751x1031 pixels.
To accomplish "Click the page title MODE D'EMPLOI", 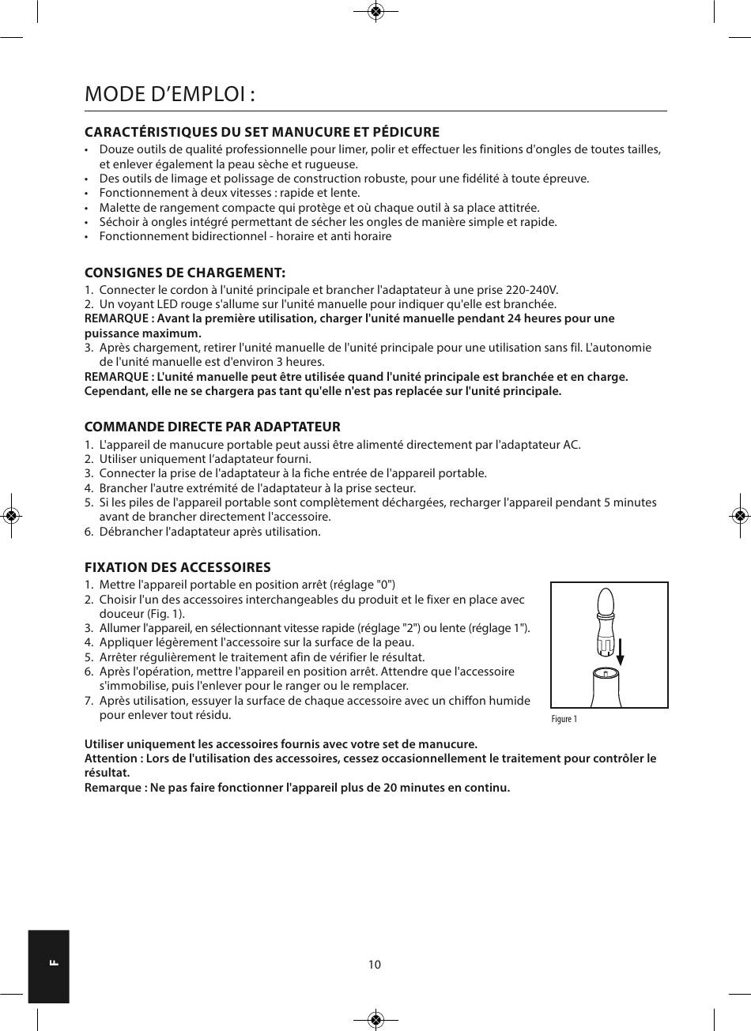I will point(170,94).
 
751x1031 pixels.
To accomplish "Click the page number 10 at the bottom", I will point(375,965).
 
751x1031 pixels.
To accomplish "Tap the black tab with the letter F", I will point(49,965).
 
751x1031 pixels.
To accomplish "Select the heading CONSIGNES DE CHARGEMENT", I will point(185,273).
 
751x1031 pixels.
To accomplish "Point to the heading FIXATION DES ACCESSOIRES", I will point(178,567).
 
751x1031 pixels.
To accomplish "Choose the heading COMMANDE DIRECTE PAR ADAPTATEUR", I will point(213,427).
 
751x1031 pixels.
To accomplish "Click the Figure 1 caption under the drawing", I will point(564,719).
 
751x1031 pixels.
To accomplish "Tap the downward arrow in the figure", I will point(621,652).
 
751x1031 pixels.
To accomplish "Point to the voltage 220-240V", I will point(530,290).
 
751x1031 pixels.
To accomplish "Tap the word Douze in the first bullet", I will point(115,149).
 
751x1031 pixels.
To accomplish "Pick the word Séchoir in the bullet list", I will point(119,221).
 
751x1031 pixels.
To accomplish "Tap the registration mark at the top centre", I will point(376,11).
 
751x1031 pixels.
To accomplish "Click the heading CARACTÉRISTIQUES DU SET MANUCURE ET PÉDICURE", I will point(262,132).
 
